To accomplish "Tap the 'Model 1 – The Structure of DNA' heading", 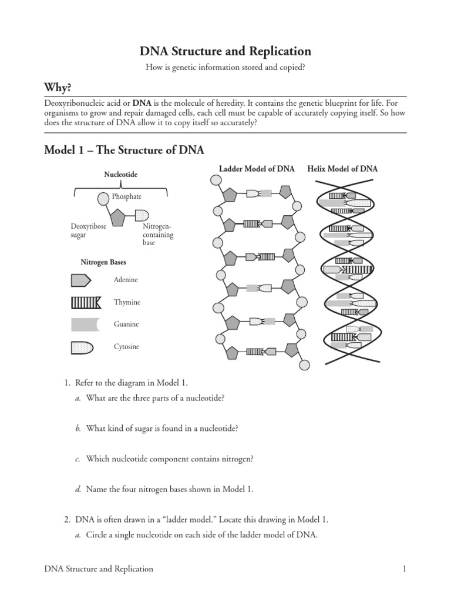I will pyautogui.click(x=124, y=150).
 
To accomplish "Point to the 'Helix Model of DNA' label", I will pyautogui.click(x=342, y=169).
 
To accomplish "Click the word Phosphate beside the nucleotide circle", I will pyautogui.click(x=127, y=197).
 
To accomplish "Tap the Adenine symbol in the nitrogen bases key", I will pyautogui.click(x=82, y=280).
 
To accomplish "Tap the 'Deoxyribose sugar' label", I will pyautogui.click(x=89, y=230).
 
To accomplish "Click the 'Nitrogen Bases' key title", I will pyautogui.click(x=103, y=262).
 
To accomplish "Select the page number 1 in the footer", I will pyautogui.click(x=405, y=568).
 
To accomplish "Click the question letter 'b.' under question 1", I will pyautogui.click(x=78, y=429).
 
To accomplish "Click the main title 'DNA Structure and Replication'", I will pyautogui.click(x=225, y=51).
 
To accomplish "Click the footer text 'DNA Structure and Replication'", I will pyautogui.click(x=99, y=568).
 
